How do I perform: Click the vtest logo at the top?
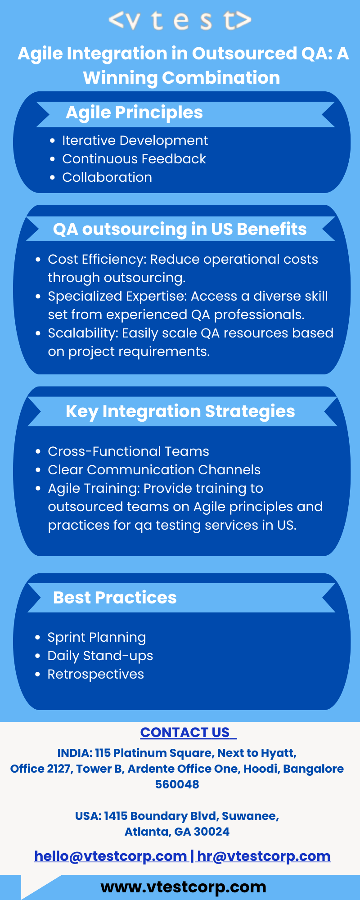(x=180, y=21)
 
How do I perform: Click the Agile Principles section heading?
(x=134, y=113)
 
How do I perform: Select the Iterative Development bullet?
(x=135, y=140)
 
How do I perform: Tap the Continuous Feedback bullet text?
(x=134, y=159)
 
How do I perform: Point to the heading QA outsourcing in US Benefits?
(x=180, y=229)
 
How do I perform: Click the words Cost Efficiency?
(x=96, y=260)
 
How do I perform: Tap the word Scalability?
(x=82, y=333)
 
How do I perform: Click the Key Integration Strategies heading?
(x=180, y=412)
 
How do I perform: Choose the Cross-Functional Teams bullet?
(x=128, y=451)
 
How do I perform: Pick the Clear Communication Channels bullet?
(x=154, y=470)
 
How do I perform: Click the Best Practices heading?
(x=115, y=598)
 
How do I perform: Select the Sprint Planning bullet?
(x=97, y=638)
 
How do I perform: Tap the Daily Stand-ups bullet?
(x=100, y=656)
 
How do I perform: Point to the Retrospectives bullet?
(x=96, y=674)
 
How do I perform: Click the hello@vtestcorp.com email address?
(x=111, y=856)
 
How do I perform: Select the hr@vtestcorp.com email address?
(x=264, y=856)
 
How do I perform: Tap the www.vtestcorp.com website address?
(x=184, y=887)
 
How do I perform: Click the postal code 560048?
(x=177, y=784)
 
